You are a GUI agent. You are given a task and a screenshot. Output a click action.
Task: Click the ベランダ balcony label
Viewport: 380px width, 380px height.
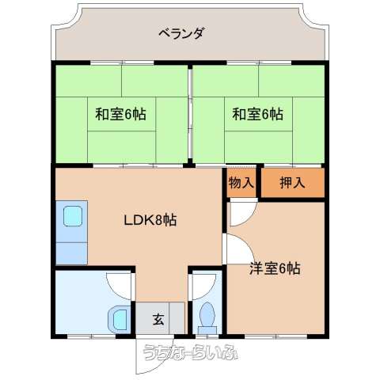pyautogui.click(x=181, y=34)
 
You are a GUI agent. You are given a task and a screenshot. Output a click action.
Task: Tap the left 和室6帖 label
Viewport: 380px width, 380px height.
pyautogui.click(x=120, y=114)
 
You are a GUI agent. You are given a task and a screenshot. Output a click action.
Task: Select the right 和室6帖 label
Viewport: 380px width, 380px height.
pyautogui.click(x=258, y=114)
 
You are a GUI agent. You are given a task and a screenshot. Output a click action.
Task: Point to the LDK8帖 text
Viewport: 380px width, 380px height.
pyautogui.click(x=150, y=220)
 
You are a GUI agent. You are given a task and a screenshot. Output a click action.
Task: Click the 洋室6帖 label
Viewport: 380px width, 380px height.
pyautogui.click(x=275, y=268)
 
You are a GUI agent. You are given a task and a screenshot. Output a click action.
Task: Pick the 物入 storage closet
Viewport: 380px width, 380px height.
pyautogui.click(x=241, y=183)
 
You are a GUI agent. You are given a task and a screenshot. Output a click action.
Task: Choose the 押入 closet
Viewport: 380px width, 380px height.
pyautogui.click(x=293, y=183)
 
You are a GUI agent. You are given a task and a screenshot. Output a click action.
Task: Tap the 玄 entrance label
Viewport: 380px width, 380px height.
pyautogui.click(x=158, y=320)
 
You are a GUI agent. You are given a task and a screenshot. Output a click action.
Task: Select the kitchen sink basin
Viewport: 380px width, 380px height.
pyautogui.click(x=73, y=216)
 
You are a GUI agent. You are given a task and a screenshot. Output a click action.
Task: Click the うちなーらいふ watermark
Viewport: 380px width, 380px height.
pyautogui.click(x=191, y=352)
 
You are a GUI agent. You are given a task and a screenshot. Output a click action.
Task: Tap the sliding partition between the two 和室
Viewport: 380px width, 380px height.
pyautogui.click(x=190, y=113)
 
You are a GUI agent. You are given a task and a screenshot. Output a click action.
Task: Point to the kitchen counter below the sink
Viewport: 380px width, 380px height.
pyautogui.click(x=71, y=253)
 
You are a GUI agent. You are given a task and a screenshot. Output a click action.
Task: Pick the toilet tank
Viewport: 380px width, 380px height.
pyautogui.click(x=207, y=330)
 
